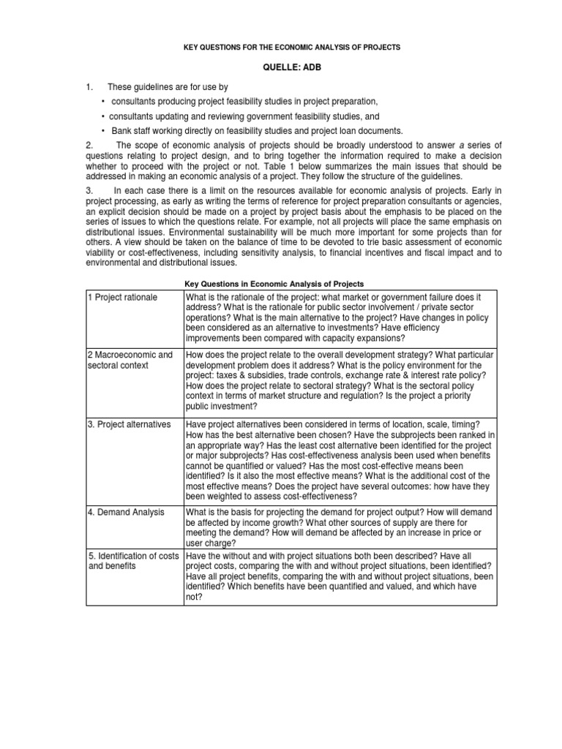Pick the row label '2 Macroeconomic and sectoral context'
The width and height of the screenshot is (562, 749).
click(130, 360)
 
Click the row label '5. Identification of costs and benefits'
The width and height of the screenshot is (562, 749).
click(133, 561)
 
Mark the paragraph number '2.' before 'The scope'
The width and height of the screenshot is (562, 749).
click(89, 144)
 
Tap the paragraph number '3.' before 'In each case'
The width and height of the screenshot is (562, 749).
click(89, 190)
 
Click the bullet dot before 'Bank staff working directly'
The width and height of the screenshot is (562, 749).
click(104, 130)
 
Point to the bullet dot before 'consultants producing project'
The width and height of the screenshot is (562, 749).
click(104, 102)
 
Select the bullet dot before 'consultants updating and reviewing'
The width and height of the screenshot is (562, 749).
click(104, 116)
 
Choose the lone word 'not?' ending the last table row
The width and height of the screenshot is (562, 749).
click(195, 597)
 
